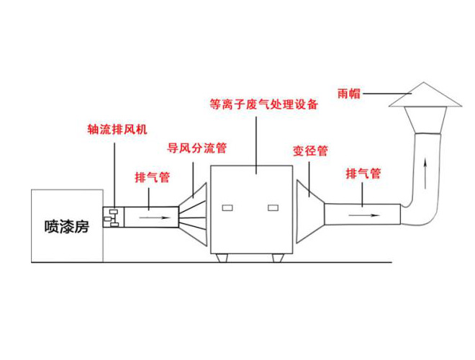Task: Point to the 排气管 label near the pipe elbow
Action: (363, 174)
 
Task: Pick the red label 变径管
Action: (310, 151)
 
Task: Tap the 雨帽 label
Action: (349, 93)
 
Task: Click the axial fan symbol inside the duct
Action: (112, 215)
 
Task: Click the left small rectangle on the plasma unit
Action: (230, 208)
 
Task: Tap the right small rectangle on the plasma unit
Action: (273, 208)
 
